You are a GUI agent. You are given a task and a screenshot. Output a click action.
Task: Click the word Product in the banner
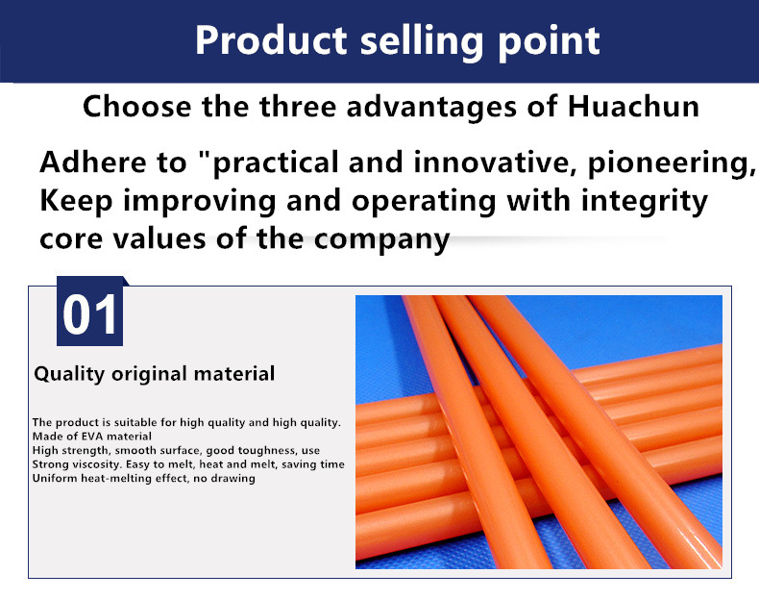coord(271,40)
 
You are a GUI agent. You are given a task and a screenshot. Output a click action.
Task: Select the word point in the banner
coord(549,43)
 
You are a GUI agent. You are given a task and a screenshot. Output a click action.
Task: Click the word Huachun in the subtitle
coord(633,106)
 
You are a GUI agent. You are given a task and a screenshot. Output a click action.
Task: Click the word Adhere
coord(93,162)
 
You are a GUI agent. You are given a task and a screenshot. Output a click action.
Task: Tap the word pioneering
coord(671,164)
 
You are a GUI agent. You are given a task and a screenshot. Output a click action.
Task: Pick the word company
coord(382,240)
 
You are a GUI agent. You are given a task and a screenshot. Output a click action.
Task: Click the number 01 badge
coord(90,312)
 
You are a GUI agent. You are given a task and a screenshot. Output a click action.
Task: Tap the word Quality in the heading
coord(69,374)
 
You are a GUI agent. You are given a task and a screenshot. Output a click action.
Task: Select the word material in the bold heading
coord(234,374)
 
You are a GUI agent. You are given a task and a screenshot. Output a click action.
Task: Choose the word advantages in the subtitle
coord(431,108)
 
